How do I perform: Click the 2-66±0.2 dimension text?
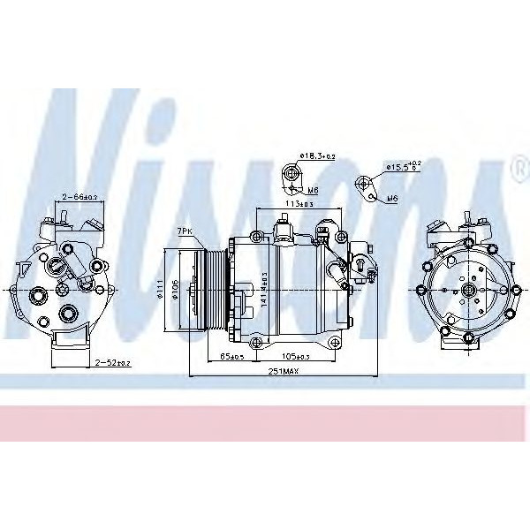(79, 197)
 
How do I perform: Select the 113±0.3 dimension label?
(299, 204)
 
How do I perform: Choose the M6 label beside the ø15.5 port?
(392, 199)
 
